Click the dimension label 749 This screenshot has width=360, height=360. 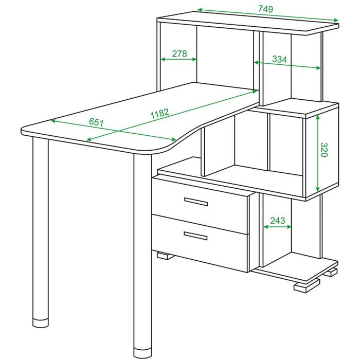click(x=265, y=9)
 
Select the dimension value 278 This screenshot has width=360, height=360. click(x=179, y=53)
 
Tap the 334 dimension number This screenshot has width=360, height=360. click(x=279, y=59)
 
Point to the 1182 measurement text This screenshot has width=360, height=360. click(x=160, y=113)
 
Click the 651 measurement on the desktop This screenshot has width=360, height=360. click(x=96, y=122)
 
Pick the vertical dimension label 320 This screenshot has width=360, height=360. click(x=323, y=150)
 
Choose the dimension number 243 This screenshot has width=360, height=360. click(x=278, y=221)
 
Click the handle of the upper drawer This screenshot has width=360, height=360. click(x=196, y=202)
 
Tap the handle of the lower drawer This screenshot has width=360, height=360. click(x=195, y=236)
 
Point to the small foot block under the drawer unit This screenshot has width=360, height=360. click(x=165, y=256)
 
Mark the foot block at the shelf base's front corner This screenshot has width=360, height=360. click(x=307, y=285)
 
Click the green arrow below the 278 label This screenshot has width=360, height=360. click(x=178, y=59)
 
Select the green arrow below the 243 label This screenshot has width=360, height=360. click(x=277, y=227)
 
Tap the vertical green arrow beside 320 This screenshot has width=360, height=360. click(x=317, y=153)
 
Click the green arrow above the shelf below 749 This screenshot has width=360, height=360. click(x=268, y=15)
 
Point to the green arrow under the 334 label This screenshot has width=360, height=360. click(x=287, y=65)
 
